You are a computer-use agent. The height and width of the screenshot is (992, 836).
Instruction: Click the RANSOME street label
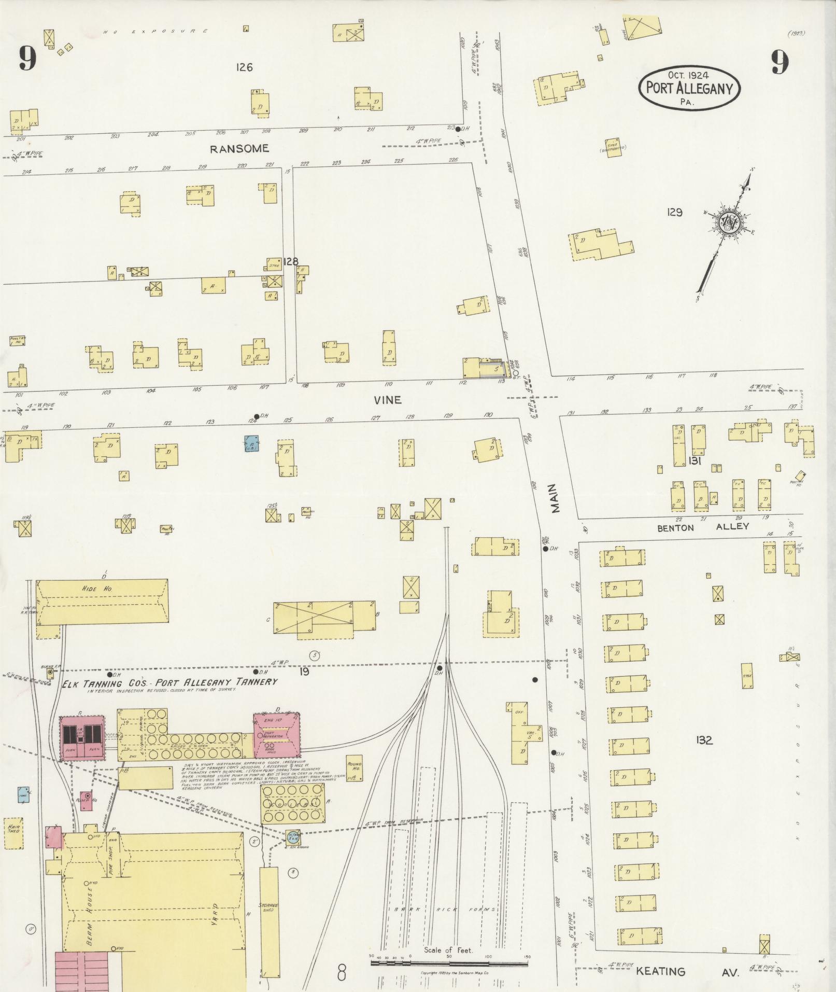(239, 149)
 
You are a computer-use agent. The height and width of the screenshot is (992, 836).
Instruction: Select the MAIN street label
(553, 499)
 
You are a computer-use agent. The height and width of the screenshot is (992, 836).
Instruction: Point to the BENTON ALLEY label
(703, 527)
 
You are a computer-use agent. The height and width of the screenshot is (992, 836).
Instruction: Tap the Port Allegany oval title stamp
(689, 88)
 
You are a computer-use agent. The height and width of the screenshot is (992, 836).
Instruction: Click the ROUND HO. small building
(355, 768)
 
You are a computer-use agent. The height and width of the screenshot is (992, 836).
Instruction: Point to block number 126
(244, 67)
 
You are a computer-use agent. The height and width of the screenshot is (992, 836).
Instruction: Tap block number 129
(674, 212)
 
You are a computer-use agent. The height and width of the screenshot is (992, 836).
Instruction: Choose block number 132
(704, 740)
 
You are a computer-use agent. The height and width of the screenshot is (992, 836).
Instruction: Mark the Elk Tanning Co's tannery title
(170, 682)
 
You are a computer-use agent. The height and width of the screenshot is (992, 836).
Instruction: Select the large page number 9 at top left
(28, 59)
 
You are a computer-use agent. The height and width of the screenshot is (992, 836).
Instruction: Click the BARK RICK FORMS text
(444, 910)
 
